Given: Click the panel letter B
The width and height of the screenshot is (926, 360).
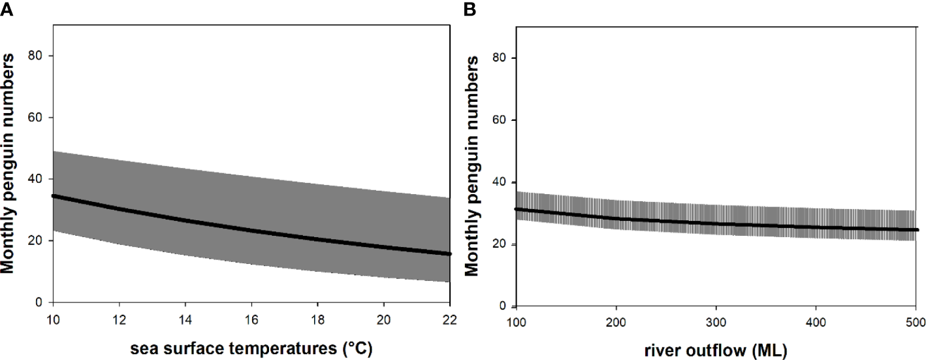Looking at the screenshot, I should [x=470, y=8].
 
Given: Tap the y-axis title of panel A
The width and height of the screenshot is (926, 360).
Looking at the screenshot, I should [x=9, y=163].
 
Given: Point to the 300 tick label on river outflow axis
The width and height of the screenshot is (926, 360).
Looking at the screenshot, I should [x=716, y=323].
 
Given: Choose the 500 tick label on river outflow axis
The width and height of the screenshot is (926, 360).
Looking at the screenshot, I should [x=916, y=323].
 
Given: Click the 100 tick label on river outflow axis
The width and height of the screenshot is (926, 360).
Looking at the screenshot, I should [x=517, y=323].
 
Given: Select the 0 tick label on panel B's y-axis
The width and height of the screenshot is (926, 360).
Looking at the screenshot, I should [x=503, y=306].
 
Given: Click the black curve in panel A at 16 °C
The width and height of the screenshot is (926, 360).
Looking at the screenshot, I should [x=251, y=231].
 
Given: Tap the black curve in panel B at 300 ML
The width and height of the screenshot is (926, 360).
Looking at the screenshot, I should [x=716, y=223].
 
